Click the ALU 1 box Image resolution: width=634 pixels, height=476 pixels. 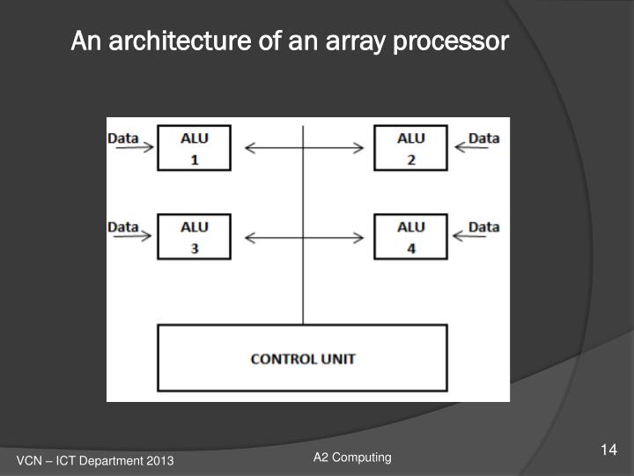click(x=194, y=148)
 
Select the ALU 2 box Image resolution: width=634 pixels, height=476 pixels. click(x=410, y=148)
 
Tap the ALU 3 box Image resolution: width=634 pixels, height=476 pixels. click(x=194, y=236)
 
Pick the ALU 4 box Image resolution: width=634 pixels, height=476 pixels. click(x=410, y=236)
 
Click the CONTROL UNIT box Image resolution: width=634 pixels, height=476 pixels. click(x=302, y=358)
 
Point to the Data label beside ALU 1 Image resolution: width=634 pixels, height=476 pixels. click(x=123, y=138)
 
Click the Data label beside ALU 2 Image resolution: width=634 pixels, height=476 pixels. click(x=483, y=138)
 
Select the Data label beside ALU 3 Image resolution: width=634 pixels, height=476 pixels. click(x=123, y=227)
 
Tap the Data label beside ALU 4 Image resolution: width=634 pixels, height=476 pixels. click(x=483, y=227)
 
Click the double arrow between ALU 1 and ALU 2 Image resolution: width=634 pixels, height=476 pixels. click(x=304, y=148)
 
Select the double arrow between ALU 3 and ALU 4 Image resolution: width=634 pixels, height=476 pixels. click(x=304, y=237)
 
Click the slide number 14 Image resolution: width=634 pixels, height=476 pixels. click(x=608, y=451)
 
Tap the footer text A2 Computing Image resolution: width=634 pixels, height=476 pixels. click(x=352, y=457)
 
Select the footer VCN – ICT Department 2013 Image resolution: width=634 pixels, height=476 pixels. click(x=95, y=462)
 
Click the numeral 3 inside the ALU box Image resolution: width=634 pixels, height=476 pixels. click(x=195, y=249)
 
